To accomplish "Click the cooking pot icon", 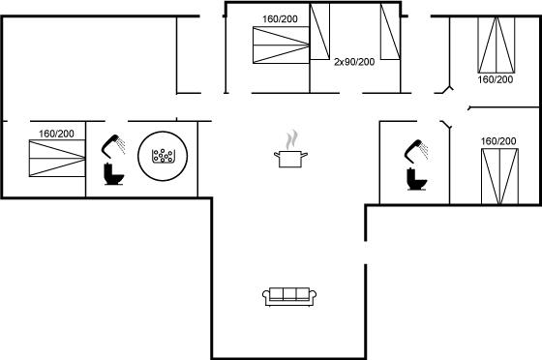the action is pyautogui.click(x=290, y=159).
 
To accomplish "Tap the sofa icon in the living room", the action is pyautogui.click(x=289, y=296).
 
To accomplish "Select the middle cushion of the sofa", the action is pyautogui.click(x=289, y=293).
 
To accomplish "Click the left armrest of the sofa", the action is pyautogui.click(x=266, y=297).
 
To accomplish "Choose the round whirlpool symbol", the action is pyautogui.click(x=163, y=156).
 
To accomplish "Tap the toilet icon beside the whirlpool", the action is pyautogui.click(x=114, y=174).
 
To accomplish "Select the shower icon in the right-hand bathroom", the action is pyautogui.click(x=416, y=151).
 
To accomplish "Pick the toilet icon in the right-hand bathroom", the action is pyautogui.click(x=417, y=179).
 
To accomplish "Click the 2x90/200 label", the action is pyautogui.click(x=354, y=62).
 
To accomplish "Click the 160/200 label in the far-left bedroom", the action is pyautogui.click(x=56, y=134).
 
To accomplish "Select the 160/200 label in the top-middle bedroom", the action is pyautogui.click(x=280, y=19).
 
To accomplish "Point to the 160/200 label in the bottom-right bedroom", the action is pyautogui.click(x=498, y=141).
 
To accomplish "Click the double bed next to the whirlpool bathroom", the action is pyautogui.click(x=57, y=159).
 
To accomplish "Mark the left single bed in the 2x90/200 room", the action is pyautogui.click(x=319, y=31).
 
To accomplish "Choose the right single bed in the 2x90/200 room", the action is pyautogui.click(x=391, y=31).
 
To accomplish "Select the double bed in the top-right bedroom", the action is pyautogui.click(x=496, y=45).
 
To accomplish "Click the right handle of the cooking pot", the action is pyautogui.click(x=304, y=155).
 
